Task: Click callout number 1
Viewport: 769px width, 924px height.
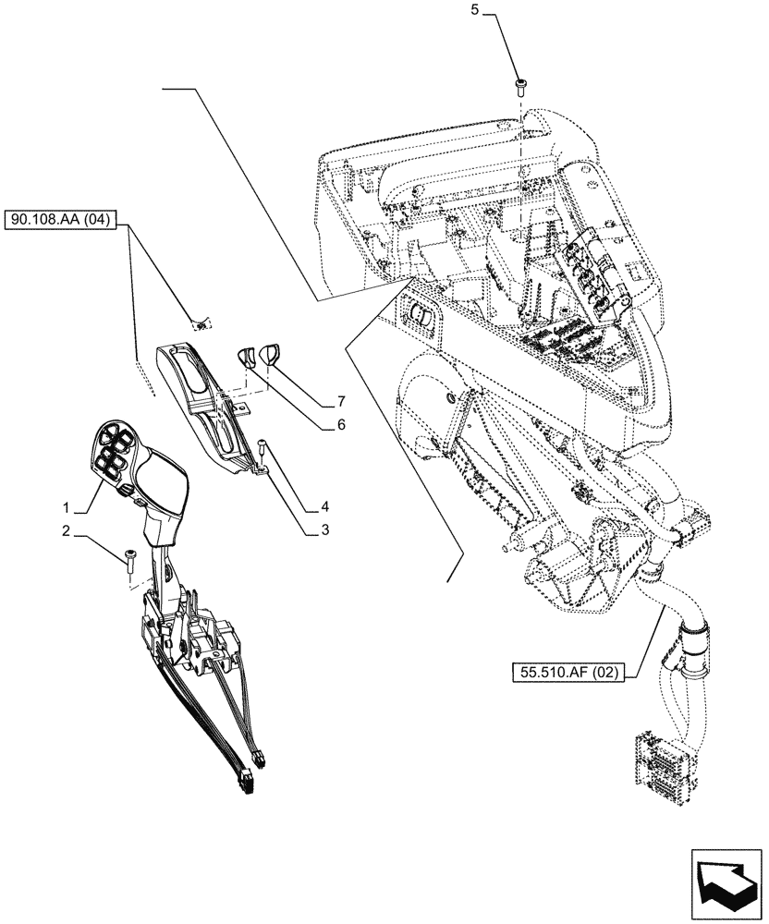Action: (x=66, y=507)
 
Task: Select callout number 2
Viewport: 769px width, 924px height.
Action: (x=66, y=530)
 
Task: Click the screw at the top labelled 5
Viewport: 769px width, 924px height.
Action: (x=519, y=85)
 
